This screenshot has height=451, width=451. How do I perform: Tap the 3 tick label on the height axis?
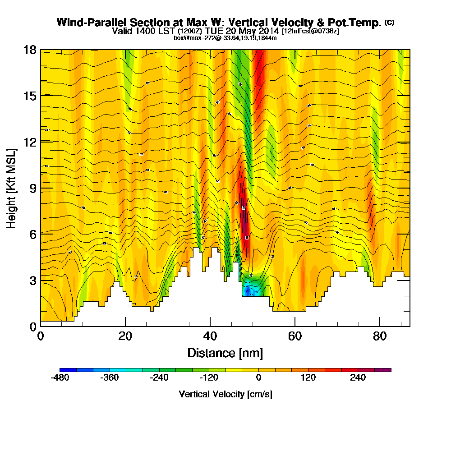click(x=32, y=280)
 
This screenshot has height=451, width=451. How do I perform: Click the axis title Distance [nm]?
click(x=225, y=353)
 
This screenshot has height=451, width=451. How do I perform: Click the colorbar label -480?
click(x=60, y=378)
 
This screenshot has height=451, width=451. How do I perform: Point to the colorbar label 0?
click(x=259, y=378)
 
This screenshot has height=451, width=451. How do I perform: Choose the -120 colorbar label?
click(x=209, y=378)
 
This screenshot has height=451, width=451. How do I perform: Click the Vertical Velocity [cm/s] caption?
click(x=225, y=394)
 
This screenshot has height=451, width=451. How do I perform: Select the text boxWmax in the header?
click(x=185, y=38)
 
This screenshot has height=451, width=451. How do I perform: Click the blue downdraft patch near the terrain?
click(x=249, y=291)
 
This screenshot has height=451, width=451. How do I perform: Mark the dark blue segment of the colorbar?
click(x=68, y=370)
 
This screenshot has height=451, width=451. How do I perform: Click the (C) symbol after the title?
click(x=389, y=23)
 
